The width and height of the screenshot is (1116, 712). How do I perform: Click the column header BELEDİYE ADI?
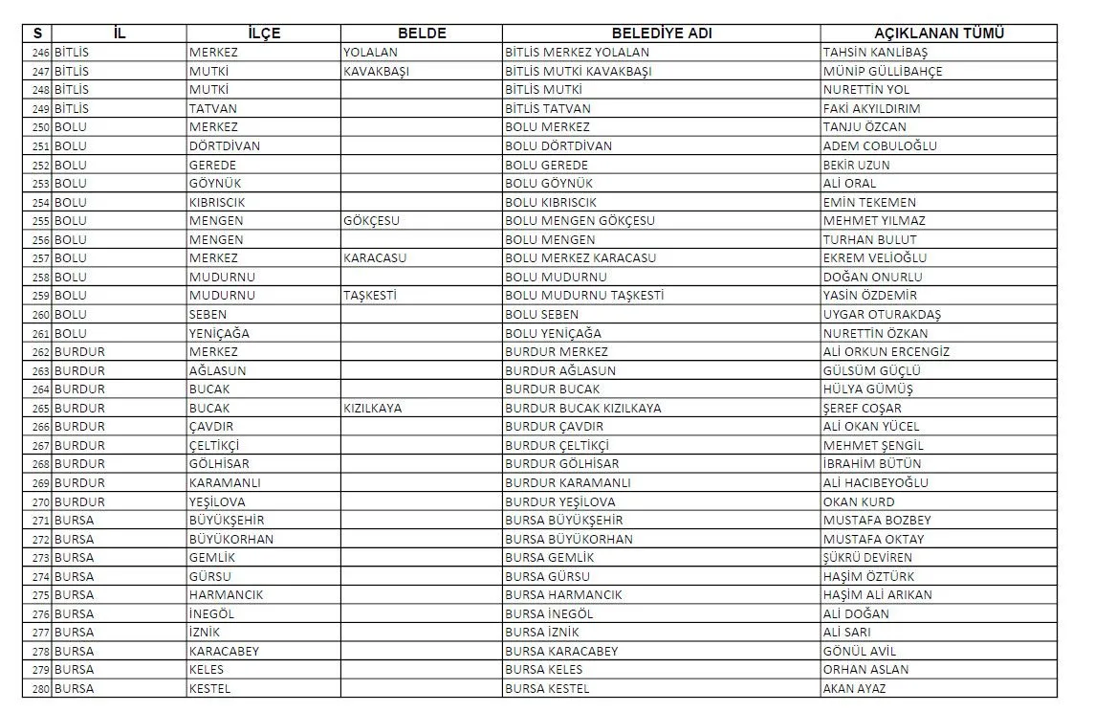point(661,33)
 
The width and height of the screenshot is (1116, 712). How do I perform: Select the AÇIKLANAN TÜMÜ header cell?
point(938,33)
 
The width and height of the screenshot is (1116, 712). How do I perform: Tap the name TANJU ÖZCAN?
point(864,127)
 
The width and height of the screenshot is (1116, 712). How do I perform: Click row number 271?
point(40,521)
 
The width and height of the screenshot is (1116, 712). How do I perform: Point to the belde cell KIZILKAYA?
point(372,408)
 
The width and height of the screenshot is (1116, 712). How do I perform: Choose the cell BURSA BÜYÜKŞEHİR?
point(563,521)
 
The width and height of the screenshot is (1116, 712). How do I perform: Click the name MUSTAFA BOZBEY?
point(876,521)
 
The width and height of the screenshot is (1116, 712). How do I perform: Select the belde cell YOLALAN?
point(370,53)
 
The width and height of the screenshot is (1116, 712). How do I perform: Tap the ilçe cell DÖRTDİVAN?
point(224,146)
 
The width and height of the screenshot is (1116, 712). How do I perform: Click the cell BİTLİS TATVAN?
point(548,109)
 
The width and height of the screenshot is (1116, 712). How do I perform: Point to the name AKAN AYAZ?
point(854,689)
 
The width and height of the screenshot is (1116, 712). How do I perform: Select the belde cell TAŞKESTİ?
point(369,296)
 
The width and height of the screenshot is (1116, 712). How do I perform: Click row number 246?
point(40,53)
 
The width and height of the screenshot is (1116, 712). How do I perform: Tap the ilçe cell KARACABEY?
point(224,652)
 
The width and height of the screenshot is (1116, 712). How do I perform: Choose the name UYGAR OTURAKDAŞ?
point(882,315)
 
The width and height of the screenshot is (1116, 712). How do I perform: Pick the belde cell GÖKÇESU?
point(371,221)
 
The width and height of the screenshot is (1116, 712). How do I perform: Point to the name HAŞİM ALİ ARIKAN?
point(877,595)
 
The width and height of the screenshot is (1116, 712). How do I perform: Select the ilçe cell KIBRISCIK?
point(218,203)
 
